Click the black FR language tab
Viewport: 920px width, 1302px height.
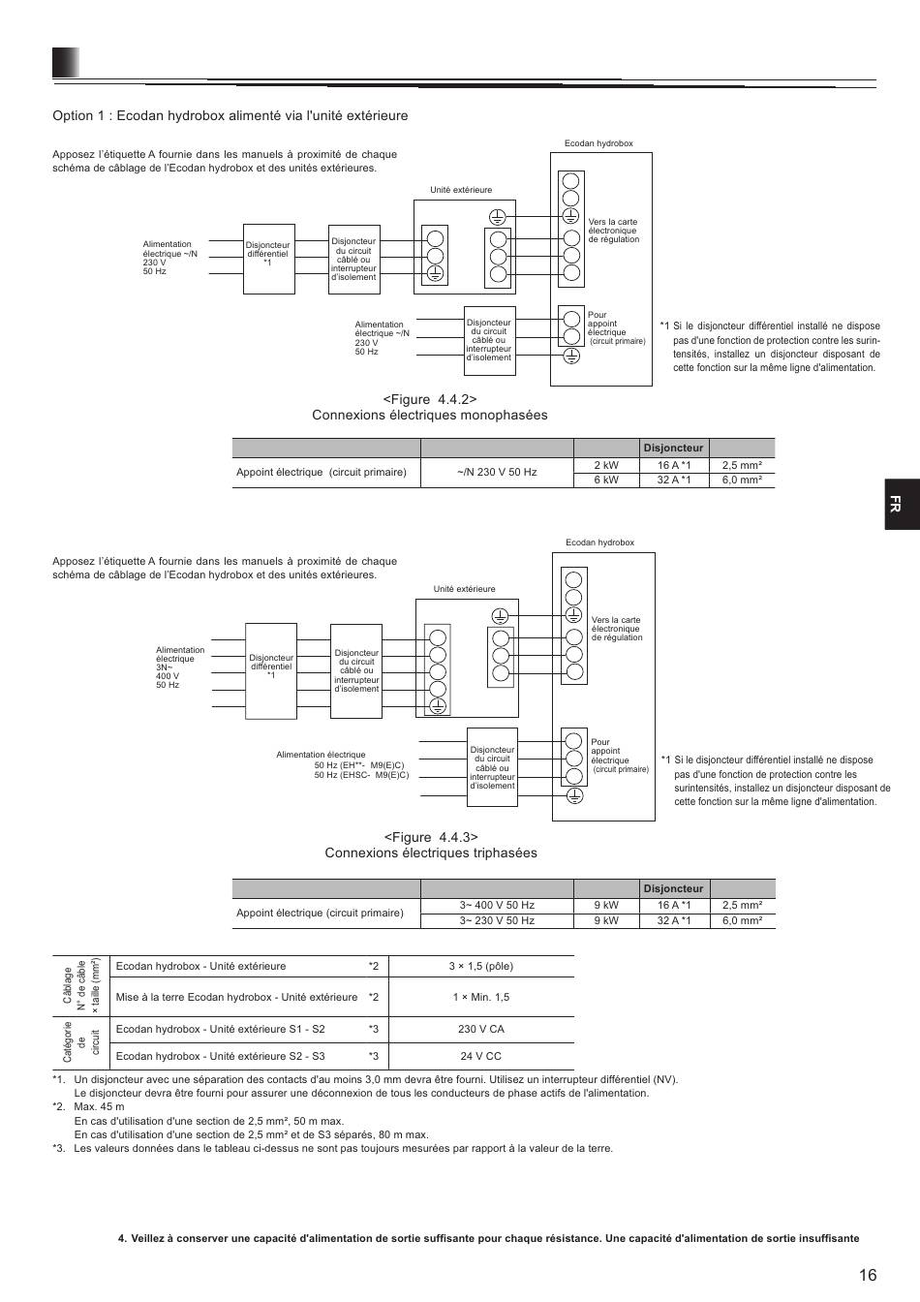coord(902,504)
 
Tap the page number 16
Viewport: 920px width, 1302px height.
coord(867,1275)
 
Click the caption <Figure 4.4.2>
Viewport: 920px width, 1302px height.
coord(429,399)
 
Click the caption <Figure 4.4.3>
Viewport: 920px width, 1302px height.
coord(431,837)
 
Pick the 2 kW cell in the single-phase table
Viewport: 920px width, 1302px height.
coord(606,465)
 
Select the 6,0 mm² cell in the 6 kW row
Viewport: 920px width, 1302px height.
coord(742,480)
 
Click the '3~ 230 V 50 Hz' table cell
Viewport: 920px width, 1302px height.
coord(497,920)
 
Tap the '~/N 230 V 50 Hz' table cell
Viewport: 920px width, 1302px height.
coord(497,472)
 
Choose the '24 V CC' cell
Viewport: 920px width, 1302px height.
coord(480,1056)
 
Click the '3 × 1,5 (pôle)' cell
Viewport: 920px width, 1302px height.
coord(480,966)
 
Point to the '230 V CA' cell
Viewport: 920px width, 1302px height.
coord(480,1029)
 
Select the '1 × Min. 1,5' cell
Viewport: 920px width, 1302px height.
coord(480,997)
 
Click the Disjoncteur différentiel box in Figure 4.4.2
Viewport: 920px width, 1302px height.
coord(268,259)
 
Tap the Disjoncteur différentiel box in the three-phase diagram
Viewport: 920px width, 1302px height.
coord(271,670)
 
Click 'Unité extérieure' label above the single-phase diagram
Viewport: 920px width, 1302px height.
coord(461,190)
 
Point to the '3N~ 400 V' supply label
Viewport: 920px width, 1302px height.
coord(168,672)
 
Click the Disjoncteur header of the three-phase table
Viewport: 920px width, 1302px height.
coord(673,888)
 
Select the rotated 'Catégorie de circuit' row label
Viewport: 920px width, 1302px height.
coord(81,1042)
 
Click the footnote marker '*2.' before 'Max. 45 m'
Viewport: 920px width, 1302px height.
coord(59,1106)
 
